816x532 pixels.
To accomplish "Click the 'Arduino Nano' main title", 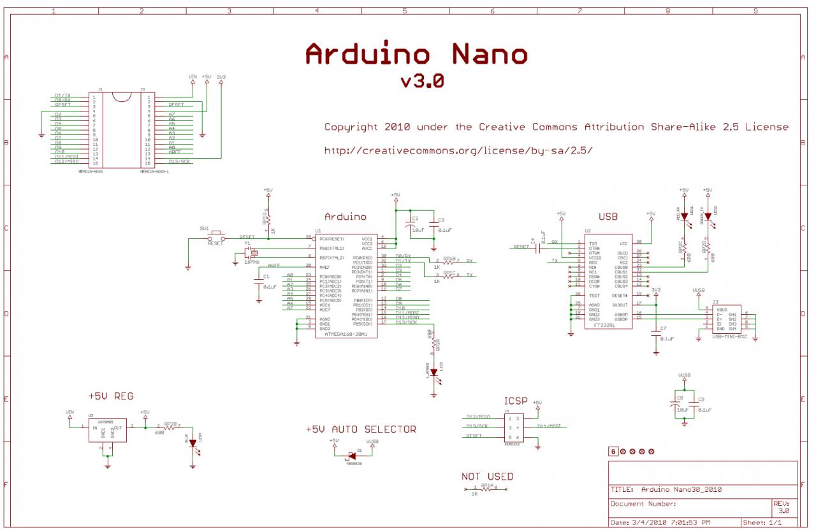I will click(416, 54).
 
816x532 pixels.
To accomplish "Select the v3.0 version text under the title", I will click(422, 82).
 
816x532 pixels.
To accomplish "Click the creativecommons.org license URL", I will click(458, 150).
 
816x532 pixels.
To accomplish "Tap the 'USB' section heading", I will click(608, 217).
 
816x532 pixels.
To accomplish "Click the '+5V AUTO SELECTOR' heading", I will click(361, 429).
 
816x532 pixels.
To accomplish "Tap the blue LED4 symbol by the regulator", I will click(193, 443).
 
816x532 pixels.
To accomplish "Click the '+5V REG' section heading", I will click(111, 396).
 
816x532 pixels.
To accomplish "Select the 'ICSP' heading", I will click(516, 401).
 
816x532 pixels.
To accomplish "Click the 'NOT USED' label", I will click(487, 477).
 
